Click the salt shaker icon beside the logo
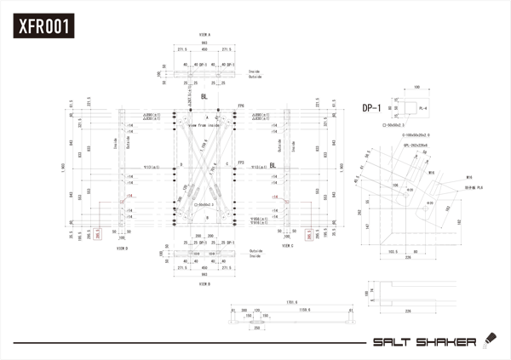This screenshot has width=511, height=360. click(x=488, y=340)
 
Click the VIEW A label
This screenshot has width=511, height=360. click(x=204, y=35)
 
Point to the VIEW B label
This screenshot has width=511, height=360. click(x=204, y=285)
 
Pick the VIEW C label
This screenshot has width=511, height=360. click(x=286, y=247)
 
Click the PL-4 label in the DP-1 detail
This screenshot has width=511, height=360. click(x=423, y=108)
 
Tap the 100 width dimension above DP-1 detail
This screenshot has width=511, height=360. click(x=416, y=87)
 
